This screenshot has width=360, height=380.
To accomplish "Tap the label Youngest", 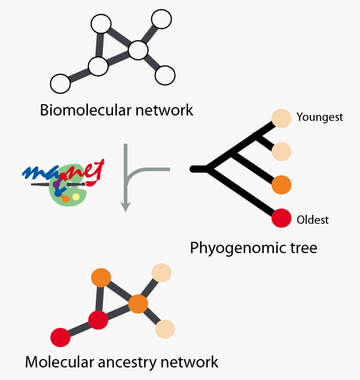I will (320, 117).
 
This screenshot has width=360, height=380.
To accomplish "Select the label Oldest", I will (313, 220).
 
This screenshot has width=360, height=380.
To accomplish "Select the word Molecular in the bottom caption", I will (57, 362).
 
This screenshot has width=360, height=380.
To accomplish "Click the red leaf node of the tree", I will (281, 218).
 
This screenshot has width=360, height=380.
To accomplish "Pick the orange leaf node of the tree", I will (281, 185).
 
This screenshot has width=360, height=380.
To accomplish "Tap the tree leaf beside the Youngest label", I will (281, 118).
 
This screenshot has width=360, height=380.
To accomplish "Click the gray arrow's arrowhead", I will (125, 207).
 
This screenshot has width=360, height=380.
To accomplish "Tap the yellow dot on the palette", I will (76, 197).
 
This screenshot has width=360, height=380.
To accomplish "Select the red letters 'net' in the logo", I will (90, 171).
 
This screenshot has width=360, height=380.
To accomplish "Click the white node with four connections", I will (138, 50).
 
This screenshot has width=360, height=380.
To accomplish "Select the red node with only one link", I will (60, 337).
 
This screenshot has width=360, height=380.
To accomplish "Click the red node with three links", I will (98, 320).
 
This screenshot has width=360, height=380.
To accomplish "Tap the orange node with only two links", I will (100, 278).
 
